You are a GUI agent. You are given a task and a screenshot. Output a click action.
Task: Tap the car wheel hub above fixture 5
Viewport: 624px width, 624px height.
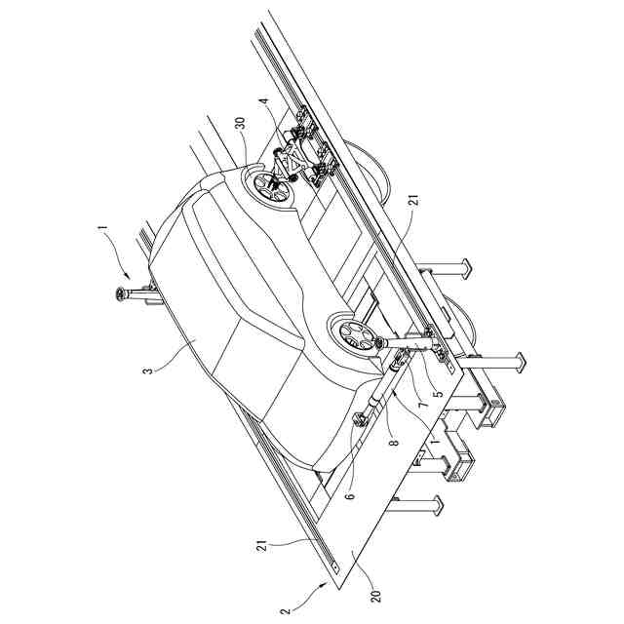pos(354,339)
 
